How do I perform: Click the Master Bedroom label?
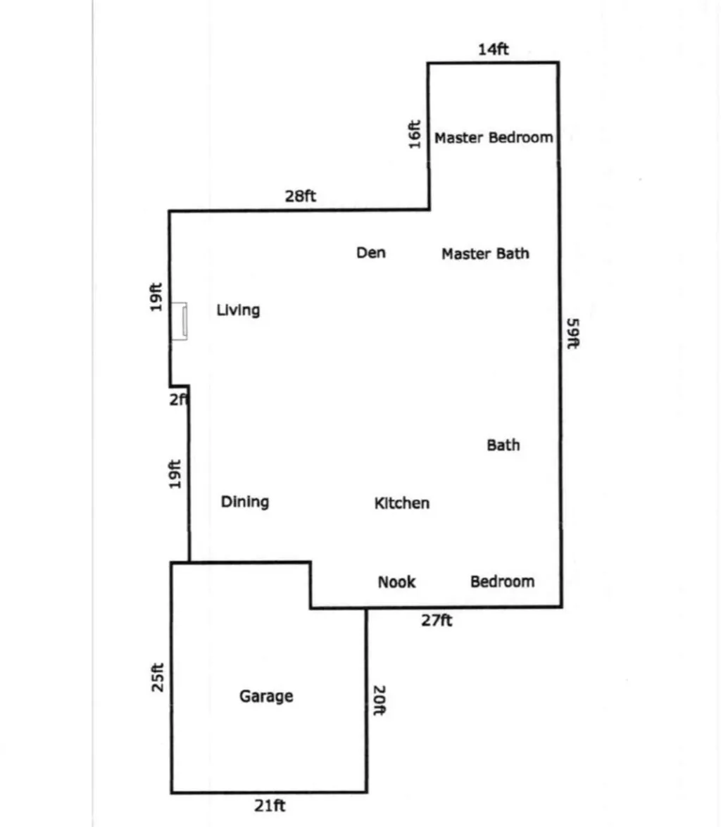493,137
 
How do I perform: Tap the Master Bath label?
485,253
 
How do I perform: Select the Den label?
371,252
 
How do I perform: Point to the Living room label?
238,310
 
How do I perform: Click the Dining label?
245,502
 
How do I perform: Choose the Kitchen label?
401,503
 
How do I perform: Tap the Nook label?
396,582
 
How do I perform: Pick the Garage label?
266,697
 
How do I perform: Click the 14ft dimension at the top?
493,49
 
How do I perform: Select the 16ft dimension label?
415,134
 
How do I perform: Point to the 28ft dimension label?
300,196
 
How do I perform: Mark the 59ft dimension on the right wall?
573,334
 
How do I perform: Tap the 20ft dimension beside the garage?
378,700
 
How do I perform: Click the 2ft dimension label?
179,400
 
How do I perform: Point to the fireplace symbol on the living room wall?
180,322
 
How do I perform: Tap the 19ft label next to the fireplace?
156,296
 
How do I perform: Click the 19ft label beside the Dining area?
176,474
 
